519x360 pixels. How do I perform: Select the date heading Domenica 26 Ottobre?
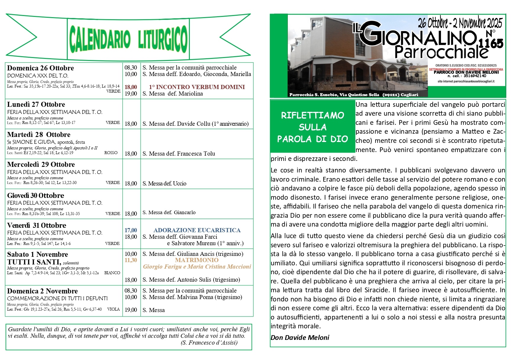click(x=41, y=68)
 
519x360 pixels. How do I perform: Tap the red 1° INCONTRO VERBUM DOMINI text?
click(x=197, y=87)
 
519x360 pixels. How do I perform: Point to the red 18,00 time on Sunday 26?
click(x=131, y=87)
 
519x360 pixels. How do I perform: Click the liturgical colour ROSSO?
click(x=111, y=153)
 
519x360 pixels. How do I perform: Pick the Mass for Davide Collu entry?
click(x=195, y=124)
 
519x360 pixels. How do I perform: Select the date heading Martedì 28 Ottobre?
click(x=39, y=135)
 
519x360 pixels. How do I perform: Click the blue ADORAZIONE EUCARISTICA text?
click(x=197, y=230)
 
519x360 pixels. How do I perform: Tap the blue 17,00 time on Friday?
click(x=131, y=230)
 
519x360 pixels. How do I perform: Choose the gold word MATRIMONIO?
click(x=197, y=260)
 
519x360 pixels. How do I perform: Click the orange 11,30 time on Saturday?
click(x=131, y=260)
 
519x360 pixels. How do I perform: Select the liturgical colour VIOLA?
click(x=114, y=309)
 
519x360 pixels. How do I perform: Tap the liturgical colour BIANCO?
click(x=112, y=273)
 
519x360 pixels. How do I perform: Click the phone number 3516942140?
click(x=475, y=76)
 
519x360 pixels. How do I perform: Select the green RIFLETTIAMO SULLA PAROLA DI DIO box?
click(x=313, y=127)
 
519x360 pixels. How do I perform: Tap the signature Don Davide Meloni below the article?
click(x=300, y=338)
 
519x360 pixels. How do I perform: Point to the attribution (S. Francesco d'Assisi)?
click(x=209, y=343)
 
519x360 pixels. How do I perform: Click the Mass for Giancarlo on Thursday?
click(x=169, y=212)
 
